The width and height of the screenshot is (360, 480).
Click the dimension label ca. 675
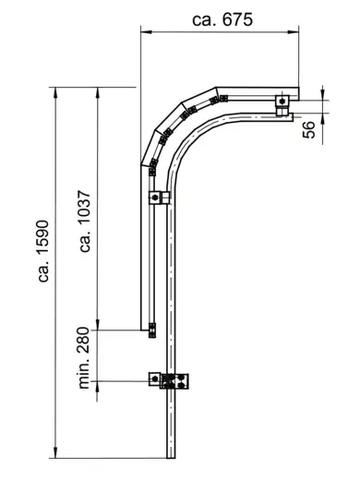[x=222, y=19]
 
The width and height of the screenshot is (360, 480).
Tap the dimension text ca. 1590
[x=43, y=251]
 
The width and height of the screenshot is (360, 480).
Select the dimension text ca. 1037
[x=85, y=222]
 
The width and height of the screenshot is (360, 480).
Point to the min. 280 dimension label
[x=84, y=358]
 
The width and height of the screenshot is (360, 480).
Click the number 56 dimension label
[x=309, y=129]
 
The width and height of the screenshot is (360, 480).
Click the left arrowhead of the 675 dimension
[x=146, y=31]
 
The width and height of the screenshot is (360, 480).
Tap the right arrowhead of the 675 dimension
[x=294, y=31]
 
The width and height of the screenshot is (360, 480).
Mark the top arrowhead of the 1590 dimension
[x=55, y=92]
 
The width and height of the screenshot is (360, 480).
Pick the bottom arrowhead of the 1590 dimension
[x=55, y=452]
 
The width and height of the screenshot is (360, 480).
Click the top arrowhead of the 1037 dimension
[x=97, y=92]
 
